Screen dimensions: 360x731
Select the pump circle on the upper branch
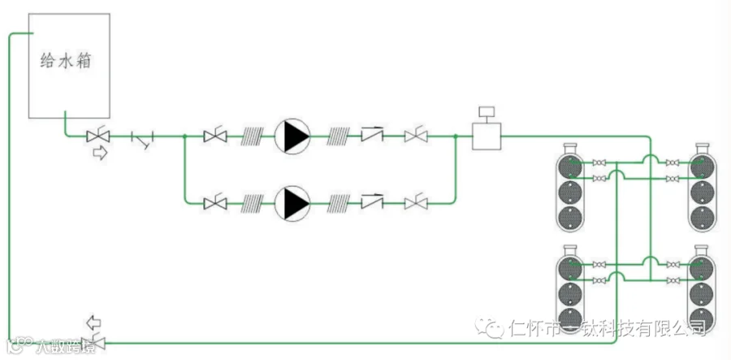292,137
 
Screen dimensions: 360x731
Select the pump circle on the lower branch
292,203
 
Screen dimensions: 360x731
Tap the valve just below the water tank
99,137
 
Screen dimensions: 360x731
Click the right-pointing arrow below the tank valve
100,154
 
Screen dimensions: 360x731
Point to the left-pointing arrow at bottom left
94,321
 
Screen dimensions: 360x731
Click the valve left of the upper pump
215,137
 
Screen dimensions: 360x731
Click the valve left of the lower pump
215,203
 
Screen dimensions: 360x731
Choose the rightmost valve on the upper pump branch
416,137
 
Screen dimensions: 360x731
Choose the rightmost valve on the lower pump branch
416,203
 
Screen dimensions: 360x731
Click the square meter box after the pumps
487,136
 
